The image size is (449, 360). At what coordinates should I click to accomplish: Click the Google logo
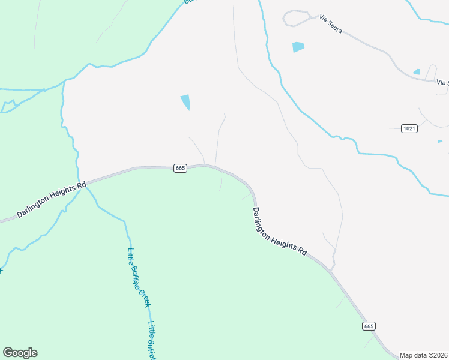click(20, 353)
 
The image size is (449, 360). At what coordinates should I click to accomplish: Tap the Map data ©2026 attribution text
click(424, 355)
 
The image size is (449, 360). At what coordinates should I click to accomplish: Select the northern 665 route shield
click(180, 168)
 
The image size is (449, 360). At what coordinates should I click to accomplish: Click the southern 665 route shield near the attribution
click(369, 326)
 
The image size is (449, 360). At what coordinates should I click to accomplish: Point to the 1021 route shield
click(410, 128)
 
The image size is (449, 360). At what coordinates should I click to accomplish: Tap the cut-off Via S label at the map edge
click(442, 82)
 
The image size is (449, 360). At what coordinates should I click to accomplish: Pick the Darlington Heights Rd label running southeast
click(279, 232)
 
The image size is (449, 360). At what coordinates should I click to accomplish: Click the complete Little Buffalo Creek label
click(139, 278)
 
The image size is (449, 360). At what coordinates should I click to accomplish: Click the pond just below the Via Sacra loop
click(298, 47)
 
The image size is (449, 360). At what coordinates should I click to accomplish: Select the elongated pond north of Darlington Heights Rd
click(185, 101)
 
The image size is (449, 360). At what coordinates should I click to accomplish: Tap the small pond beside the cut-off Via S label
click(417, 72)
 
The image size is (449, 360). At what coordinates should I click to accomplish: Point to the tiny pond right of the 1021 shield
click(440, 142)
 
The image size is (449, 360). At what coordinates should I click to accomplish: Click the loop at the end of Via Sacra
click(297, 18)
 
